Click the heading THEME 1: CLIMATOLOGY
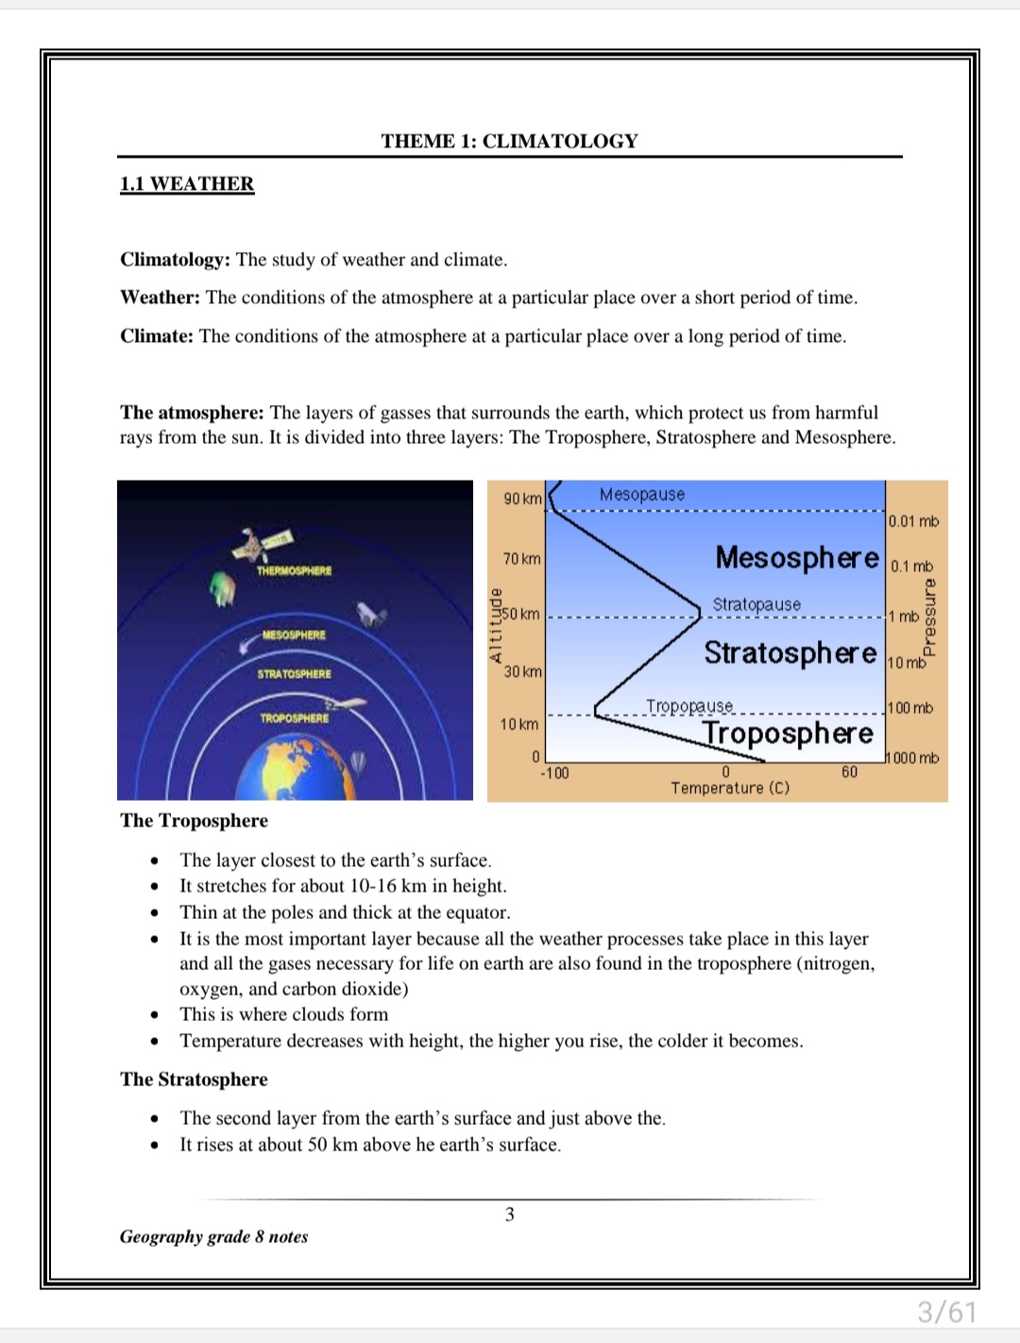click(509, 142)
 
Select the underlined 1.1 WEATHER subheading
click(187, 184)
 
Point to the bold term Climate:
click(157, 336)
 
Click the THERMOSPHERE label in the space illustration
click(294, 571)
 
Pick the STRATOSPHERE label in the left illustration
click(294, 674)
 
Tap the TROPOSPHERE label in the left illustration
click(295, 719)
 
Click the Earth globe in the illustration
click(296, 770)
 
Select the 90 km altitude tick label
click(522, 499)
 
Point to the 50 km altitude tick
click(521, 615)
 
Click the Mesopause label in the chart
click(642, 495)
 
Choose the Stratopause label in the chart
click(756, 604)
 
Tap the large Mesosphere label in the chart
click(797, 557)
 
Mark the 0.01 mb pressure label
click(913, 521)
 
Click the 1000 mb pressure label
click(915, 758)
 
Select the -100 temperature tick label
click(554, 773)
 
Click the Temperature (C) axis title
click(730, 789)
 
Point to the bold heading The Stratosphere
click(194, 1079)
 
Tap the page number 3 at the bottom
click(510, 1215)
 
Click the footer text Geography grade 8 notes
click(213, 1237)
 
